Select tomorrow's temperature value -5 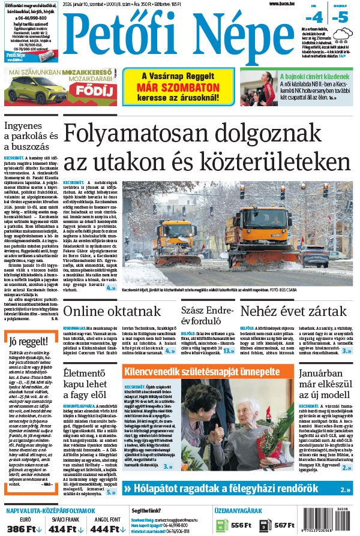tap(343, 16)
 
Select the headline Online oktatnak tap(112, 311)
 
